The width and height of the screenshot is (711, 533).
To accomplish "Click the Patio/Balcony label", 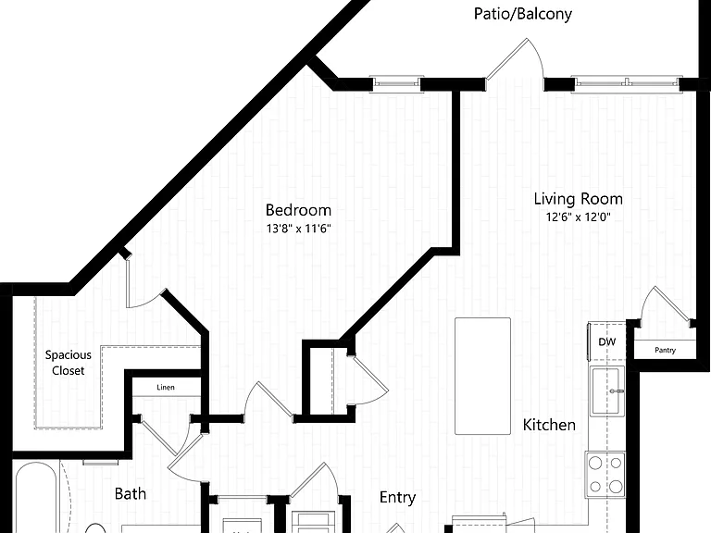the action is (x=522, y=14).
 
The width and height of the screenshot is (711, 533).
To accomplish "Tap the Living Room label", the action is (x=578, y=199).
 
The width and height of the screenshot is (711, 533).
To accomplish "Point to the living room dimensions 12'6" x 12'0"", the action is (x=578, y=217).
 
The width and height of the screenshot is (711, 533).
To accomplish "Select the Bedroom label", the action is (x=298, y=210).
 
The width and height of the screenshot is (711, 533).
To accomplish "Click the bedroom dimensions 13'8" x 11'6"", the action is (x=298, y=228).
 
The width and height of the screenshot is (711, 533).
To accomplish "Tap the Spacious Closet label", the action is (x=68, y=363).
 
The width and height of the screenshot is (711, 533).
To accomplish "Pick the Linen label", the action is (x=166, y=387).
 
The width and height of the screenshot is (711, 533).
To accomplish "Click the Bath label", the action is (x=131, y=493).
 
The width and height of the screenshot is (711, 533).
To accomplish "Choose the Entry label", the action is (x=397, y=497).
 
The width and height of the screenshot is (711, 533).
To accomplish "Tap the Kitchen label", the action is (x=549, y=425).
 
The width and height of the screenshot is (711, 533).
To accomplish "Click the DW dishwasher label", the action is (x=606, y=341).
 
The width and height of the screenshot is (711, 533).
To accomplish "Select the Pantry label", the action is (x=666, y=350).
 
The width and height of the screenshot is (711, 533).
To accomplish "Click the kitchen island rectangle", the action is (x=483, y=377).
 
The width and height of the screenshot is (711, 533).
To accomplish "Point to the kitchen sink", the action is (x=607, y=391).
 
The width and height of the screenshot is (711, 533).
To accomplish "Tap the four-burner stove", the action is (x=605, y=475).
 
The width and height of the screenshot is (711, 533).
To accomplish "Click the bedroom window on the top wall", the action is (x=397, y=83).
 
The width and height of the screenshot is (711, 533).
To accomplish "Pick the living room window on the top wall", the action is (x=627, y=83).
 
